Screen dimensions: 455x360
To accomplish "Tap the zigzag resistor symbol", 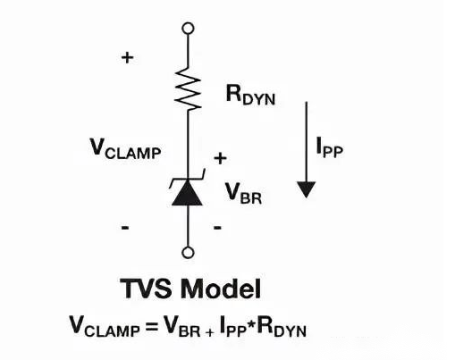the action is (x=188, y=88).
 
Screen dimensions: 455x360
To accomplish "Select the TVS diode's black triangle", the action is (x=188, y=193).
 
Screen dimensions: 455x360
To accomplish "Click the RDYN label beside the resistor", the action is (x=250, y=95).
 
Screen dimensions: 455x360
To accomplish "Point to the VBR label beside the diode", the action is (x=243, y=193).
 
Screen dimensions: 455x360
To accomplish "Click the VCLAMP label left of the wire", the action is (x=125, y=149).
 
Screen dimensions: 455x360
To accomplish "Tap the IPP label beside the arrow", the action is (x=330, y=147).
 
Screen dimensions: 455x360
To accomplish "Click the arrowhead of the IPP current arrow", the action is (x=307, y=189).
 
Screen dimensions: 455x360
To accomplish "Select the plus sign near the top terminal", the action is (x=128, y=57).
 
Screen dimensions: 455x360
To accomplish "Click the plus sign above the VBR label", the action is (x=220, y=158).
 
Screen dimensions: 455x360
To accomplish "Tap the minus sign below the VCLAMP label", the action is (x=125, y=228).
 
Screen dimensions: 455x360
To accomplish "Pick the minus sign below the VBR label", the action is (x=218, y=228).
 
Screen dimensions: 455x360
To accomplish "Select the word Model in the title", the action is (x=221, y=289).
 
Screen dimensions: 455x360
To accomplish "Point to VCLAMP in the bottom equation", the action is (x=105, y=327).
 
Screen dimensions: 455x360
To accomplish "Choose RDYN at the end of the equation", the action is (x=282, y=327).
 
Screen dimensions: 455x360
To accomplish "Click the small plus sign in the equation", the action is (x=209, y=332).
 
